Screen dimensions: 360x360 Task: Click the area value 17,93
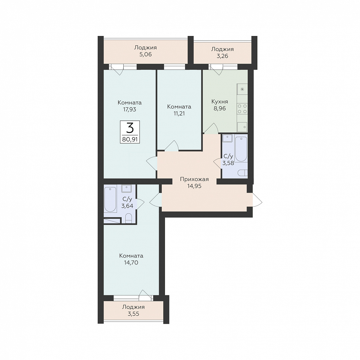[x=129, y=110]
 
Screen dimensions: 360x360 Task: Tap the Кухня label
[x=219, y=102]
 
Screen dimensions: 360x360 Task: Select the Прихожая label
[x=194, y=179]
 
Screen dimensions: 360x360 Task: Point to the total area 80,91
[x=130, y=139]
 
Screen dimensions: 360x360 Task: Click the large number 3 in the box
[x=130, y=128]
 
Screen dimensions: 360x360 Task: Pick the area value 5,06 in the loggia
[x=146, y=54]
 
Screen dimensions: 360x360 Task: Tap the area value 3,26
[x=222, y=56]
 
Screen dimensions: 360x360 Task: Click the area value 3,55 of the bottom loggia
[x=133, y=314]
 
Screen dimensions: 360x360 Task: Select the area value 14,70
[x=131, y=263]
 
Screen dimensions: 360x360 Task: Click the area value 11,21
[x=179, y=113]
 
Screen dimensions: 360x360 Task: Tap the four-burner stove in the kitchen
[x=242, y=109]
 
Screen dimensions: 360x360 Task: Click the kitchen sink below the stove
[x=242, y=127]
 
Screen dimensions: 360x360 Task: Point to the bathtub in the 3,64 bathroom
[x=110, y=199]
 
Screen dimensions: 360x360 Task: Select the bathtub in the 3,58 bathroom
[x=241, y=149]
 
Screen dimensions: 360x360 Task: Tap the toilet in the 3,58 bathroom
[x=243, y=173]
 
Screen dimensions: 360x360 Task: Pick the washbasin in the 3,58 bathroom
[x=228, y=138]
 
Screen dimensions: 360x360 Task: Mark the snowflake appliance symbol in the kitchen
[x=242, y=89]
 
